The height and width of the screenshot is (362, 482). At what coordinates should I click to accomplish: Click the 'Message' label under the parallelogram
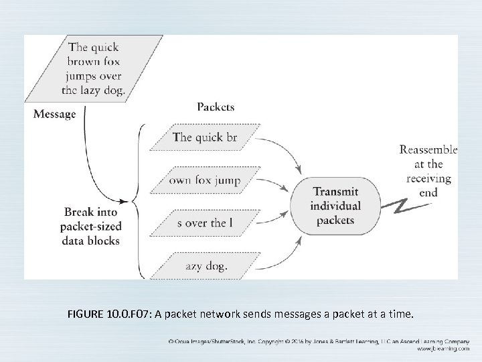(x=55, y=114)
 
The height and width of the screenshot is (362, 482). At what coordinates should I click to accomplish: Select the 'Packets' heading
(x=216, y=107)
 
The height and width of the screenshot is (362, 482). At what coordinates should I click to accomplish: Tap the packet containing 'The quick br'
(x=205, y=137)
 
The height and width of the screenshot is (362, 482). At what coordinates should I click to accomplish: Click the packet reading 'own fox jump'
(x=205, y=180)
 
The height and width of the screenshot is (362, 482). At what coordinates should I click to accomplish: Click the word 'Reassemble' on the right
(x=428, y=149)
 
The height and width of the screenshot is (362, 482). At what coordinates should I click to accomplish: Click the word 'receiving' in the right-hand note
(x=428, y=178)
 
